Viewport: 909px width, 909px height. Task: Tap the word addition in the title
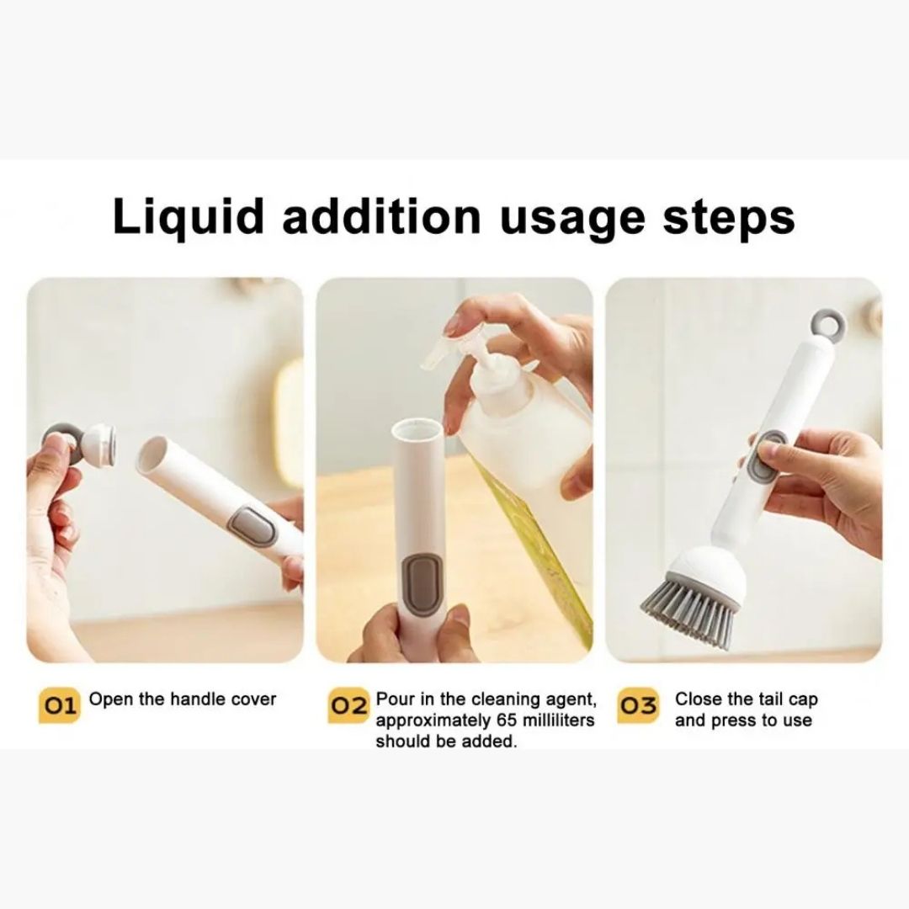[381, 216]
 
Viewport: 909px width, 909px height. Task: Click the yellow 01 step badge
[59, 705]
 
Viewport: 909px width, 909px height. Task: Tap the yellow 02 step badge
[348, 705]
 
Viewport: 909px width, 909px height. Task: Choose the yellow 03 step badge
[638, 705]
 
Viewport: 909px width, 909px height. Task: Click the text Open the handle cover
[183, 699]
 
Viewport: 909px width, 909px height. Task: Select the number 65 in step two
[506, 720]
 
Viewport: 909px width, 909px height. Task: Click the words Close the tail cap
[746, 699]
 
